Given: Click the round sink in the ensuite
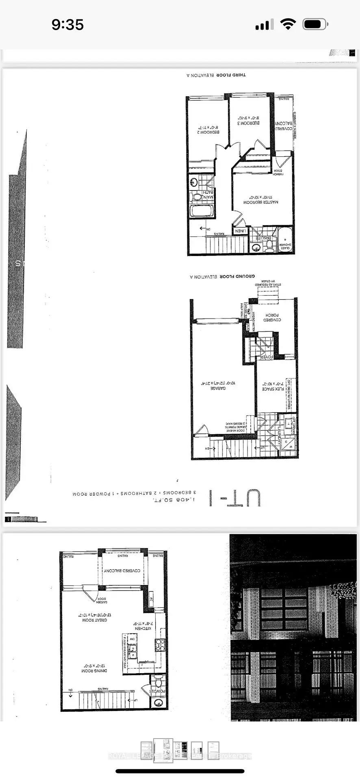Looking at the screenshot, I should (256, 247).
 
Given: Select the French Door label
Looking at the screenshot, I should (278, 172).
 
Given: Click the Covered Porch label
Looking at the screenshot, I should (273, 317).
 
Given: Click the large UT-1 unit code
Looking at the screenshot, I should (234, 498).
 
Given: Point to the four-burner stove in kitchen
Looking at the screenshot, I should (159, 645).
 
